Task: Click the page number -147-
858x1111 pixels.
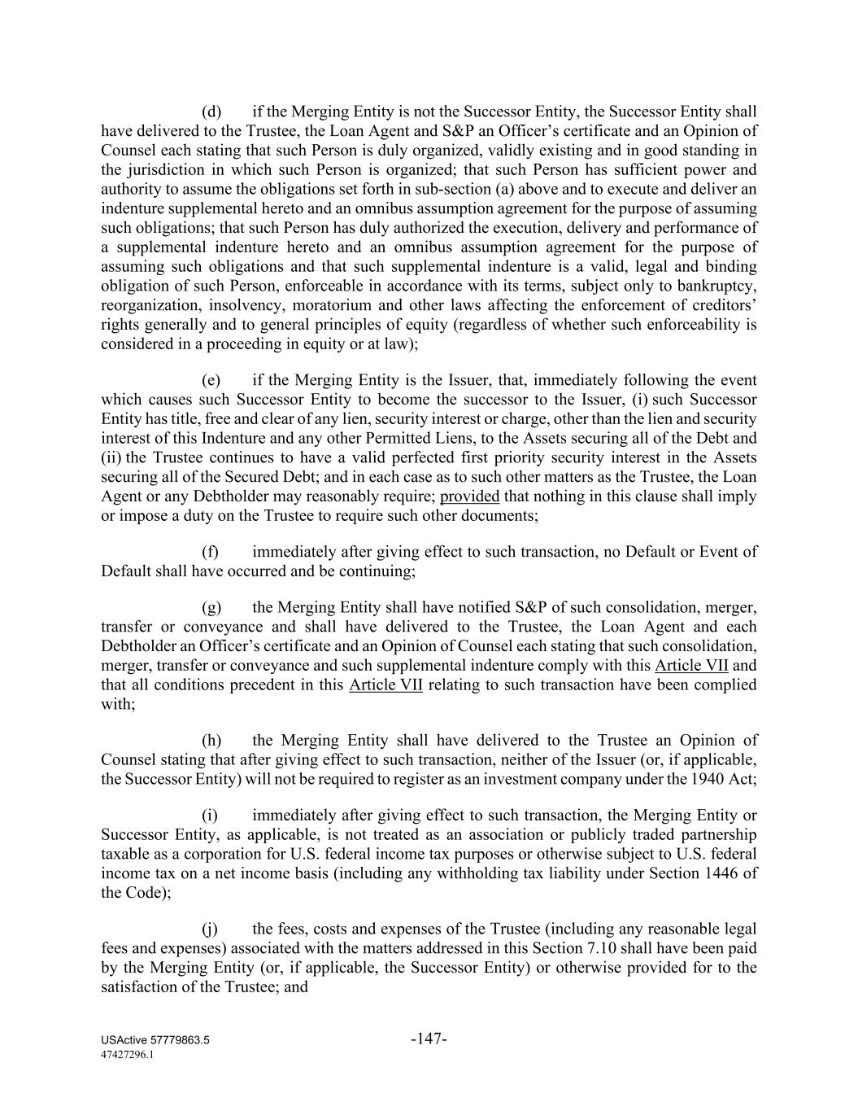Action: (x=429, y=1039)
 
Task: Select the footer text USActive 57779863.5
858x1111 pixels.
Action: (x=155, y=1041)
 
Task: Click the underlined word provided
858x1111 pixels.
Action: (x=469, y=496)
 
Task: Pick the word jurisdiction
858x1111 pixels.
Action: (x=160, y=170)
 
